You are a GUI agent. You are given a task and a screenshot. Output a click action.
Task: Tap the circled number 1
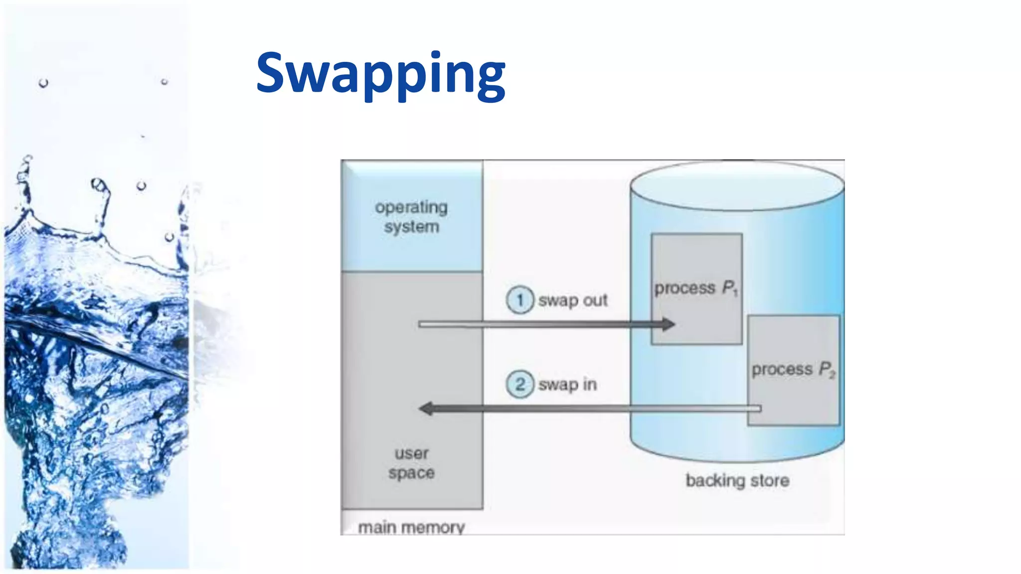(520, 300)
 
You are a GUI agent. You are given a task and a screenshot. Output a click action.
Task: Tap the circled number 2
(520, 384)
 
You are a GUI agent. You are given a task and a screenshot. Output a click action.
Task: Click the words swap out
(573, 300)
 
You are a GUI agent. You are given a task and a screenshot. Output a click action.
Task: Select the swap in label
(567, 384)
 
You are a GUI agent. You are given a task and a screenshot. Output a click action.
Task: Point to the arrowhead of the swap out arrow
(668, 324)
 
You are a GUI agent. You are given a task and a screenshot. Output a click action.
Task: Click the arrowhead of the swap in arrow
(427, 409)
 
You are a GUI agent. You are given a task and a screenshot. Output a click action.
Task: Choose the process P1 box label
(696, 288)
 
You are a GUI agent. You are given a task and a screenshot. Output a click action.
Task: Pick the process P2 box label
(793, 369)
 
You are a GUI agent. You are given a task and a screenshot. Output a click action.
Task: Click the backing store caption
(737, 480)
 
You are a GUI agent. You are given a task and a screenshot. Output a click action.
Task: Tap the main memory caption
(411, 527)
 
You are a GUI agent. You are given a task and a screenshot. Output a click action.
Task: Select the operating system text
(411, 217)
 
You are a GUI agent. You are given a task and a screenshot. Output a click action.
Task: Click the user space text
(411, 463)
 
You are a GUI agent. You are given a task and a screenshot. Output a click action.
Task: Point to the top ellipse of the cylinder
(737, 185)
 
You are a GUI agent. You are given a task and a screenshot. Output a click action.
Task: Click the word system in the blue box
(411, 227)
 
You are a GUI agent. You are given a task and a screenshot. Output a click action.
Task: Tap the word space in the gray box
(411, 473)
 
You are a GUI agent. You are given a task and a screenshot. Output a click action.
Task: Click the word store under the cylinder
(770, 480)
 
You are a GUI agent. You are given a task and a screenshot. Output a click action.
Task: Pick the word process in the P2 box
(782, 369)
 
